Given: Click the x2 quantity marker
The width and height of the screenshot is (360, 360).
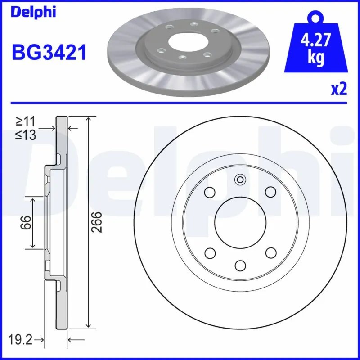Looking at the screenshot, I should point(339,90).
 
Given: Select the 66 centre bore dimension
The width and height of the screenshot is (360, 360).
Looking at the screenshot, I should point(27,222).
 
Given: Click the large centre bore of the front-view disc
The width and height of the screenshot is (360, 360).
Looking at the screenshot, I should point(240,222).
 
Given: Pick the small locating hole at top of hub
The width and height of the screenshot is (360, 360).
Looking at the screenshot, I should point(240,180).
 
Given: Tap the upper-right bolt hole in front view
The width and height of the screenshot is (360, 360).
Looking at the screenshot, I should point(270,192).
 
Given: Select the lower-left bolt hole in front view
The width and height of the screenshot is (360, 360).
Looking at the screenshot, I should point(210,252).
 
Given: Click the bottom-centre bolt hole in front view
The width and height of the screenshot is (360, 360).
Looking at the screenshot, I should point(240,265).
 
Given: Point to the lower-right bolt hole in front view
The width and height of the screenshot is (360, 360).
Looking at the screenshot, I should point(270,252).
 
